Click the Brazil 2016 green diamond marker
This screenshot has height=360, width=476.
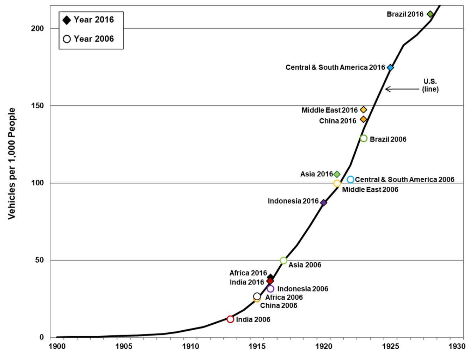430,14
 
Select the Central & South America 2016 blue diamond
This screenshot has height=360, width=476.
390,67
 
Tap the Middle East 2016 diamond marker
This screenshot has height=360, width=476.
364,110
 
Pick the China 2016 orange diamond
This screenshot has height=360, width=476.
364,120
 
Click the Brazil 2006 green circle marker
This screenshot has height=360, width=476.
364,138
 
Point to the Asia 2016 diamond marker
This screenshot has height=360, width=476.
337,174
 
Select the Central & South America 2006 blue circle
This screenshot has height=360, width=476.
350,180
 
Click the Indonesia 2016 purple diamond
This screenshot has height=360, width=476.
323,203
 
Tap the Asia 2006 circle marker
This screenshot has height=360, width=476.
283,260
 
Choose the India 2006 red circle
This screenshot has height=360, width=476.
230,319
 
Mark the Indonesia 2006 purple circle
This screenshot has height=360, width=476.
270,289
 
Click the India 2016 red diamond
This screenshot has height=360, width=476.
270,281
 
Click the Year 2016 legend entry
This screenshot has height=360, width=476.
89,20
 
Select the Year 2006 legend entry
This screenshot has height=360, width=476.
89,39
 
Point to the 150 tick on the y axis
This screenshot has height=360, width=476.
37,106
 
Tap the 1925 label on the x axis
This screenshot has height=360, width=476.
390,346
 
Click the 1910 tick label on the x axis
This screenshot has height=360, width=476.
190,346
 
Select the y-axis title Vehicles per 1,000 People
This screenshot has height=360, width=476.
12,163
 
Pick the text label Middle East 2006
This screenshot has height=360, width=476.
370,190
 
